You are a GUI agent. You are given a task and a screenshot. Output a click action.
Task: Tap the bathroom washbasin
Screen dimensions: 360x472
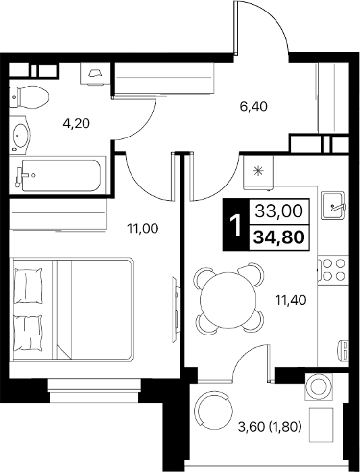pos(20,136)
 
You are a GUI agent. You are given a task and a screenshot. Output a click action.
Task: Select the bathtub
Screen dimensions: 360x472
pos(57,175)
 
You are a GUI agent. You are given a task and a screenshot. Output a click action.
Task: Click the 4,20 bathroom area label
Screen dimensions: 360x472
pos(76,123)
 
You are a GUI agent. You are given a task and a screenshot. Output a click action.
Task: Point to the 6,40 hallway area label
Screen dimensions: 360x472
pos(253,107)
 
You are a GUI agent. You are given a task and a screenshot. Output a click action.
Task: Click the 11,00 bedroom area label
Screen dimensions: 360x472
pos(142,229)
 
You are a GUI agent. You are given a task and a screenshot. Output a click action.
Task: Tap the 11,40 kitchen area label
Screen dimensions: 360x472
pos(291,300)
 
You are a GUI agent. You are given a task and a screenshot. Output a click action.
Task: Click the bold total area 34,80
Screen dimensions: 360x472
pos(278,238)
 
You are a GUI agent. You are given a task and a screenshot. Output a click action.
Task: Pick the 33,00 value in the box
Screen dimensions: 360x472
pos(278,211)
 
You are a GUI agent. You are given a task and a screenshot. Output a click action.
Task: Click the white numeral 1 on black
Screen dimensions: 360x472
pos(236,225)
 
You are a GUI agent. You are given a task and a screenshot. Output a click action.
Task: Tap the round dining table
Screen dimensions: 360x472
pos(228,300)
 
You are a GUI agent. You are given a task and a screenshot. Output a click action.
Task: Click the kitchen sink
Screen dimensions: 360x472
pos(333,205)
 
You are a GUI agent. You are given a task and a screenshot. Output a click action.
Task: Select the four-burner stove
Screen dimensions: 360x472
pos(333,270)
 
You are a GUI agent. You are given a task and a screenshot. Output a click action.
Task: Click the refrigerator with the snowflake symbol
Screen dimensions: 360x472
pos(258,173)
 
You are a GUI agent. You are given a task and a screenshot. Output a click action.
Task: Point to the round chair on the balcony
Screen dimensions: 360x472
pos(214,411)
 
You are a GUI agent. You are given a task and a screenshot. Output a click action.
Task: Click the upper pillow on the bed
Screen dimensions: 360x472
pos(28,285)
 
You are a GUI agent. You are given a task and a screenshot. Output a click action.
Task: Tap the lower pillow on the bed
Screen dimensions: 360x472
pos(28,333)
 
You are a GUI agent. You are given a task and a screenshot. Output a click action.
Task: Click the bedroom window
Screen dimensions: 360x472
pos(94,390)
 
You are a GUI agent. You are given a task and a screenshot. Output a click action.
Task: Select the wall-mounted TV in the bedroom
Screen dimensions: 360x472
pos(175,309)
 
